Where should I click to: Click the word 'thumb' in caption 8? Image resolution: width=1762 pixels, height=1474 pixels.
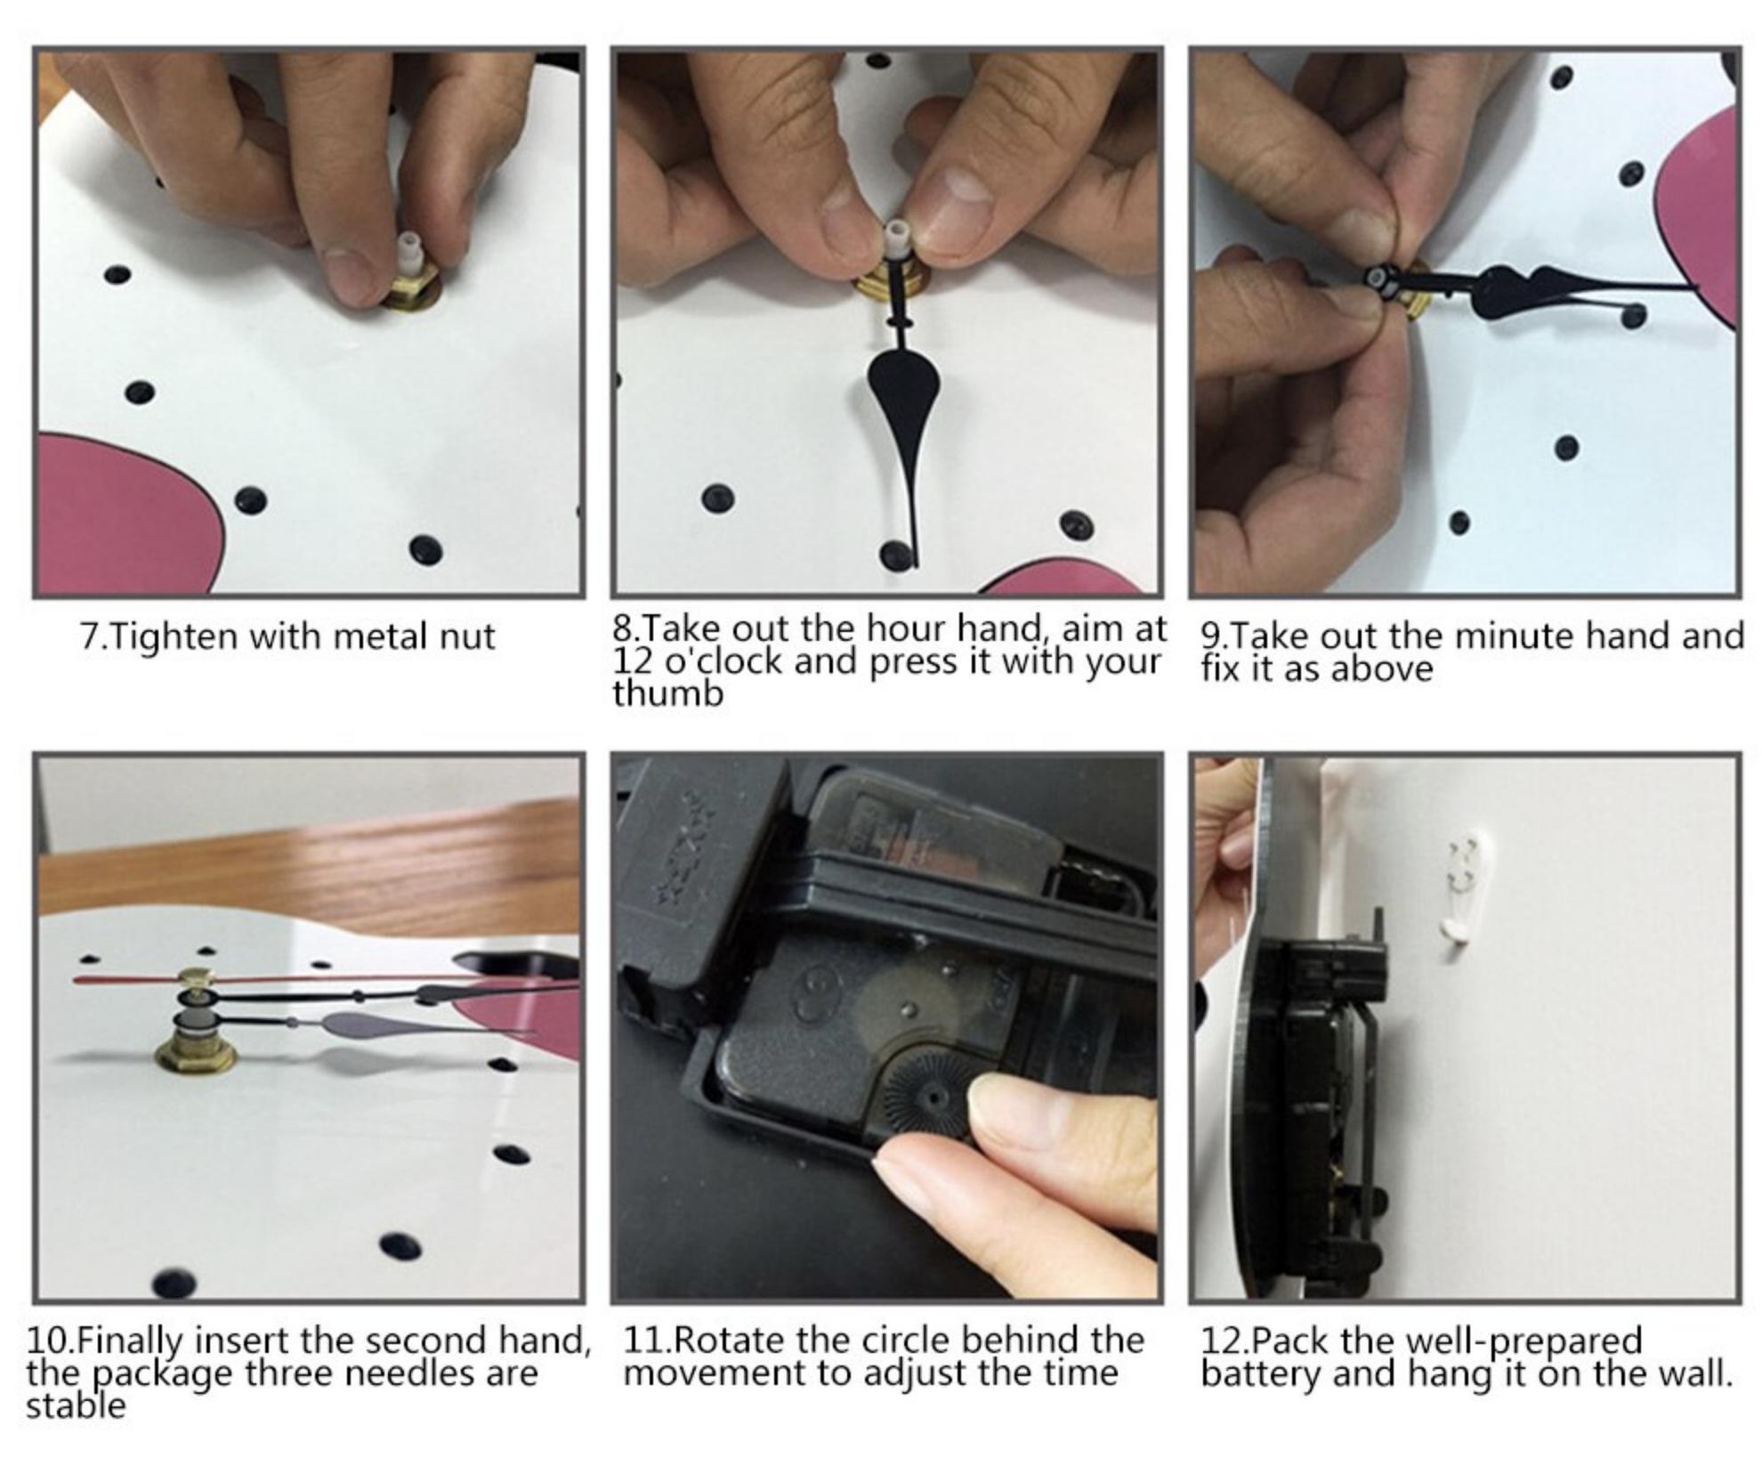tap(667, 693)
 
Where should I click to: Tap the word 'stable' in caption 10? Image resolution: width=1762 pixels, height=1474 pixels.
tap(76, 1406)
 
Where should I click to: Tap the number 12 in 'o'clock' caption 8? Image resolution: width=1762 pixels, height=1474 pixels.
tap(633, 661)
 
